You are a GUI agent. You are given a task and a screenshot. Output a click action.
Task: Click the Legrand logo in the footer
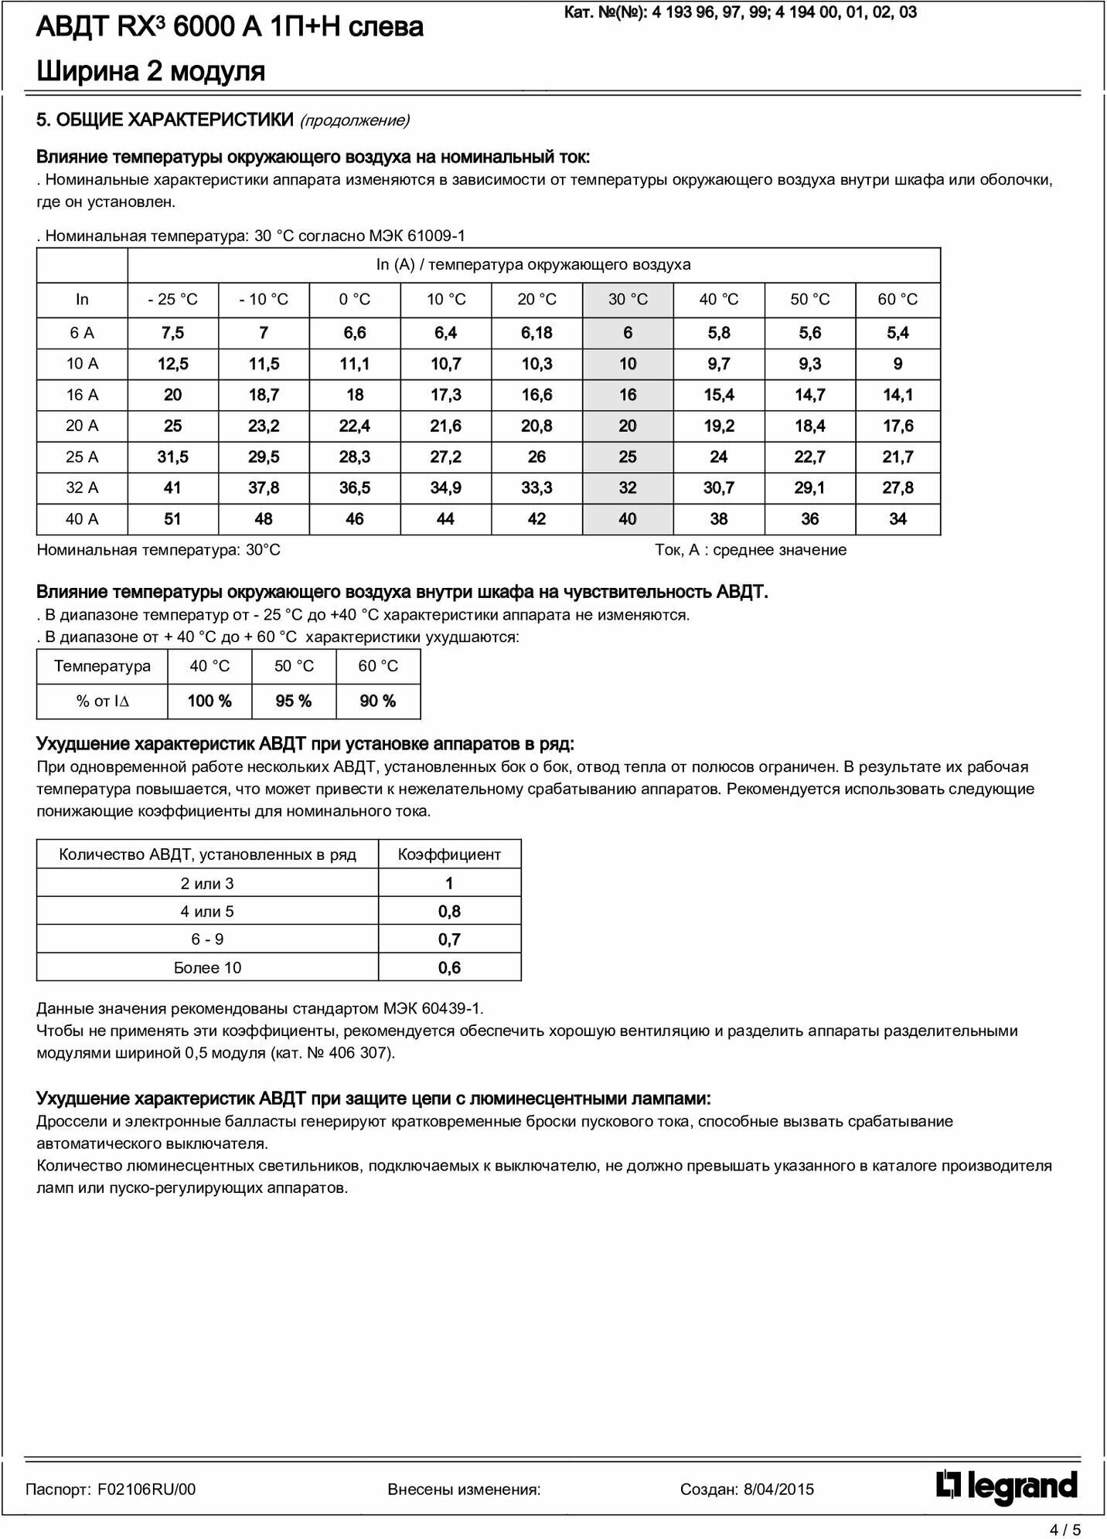(1007, 1488)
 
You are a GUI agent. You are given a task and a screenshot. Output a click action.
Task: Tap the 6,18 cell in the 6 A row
(536, 333)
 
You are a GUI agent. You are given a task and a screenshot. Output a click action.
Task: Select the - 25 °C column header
(172, 300)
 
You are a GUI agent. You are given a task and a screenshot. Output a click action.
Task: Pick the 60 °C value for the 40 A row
(898, 519)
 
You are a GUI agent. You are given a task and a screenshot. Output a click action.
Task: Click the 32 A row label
(82, 488)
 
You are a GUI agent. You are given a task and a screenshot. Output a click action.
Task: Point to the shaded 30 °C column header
(628, 300)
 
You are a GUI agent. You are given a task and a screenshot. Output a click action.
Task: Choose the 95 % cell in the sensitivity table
(294, 702)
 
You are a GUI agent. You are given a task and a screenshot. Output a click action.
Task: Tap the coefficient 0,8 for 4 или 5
(449, 912)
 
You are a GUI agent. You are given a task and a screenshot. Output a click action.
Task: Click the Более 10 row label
(207, 968)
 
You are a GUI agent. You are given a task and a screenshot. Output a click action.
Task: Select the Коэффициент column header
(449, 854)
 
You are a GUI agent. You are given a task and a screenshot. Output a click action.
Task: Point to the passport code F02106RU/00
(147, 1490)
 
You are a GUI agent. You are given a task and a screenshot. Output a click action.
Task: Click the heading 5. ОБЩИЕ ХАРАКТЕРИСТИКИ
(165, 120)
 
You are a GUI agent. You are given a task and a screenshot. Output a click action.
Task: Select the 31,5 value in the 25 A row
(172, 457)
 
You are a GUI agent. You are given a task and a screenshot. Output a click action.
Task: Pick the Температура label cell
(102, 667)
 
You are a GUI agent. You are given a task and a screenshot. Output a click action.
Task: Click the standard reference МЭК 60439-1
(432, 1008)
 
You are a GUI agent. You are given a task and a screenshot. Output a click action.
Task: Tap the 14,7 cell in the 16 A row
(809, 396)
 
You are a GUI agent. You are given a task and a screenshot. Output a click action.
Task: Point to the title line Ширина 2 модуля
(151, 71)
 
